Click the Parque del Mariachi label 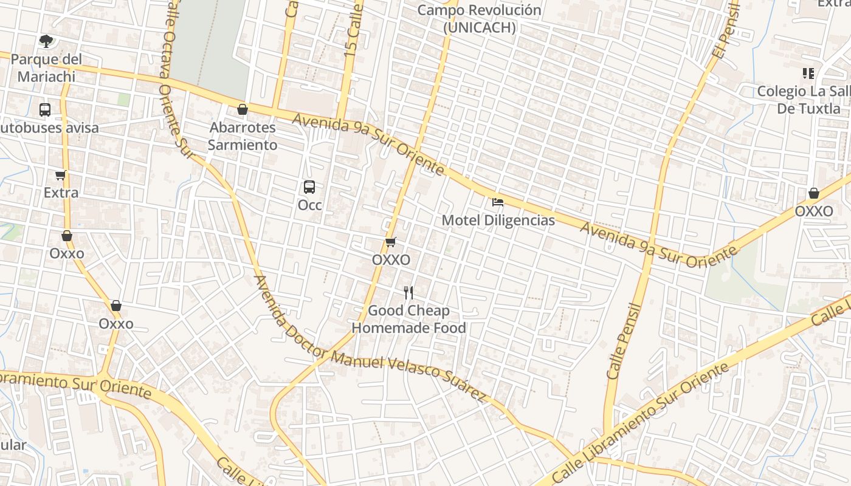click(46, 68)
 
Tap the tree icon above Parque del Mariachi click(46, 41)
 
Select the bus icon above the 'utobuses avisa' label click(45, 110)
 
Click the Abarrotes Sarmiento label click(243, 136)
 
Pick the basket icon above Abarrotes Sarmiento click(243, 109)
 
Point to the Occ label click(309, 205)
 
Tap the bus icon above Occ click(309, 187)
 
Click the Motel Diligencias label click(498, 220)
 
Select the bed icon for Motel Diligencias click(498, 202)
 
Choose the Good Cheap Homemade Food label click(409, 319)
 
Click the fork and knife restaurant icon click(409, 293)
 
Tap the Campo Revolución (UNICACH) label click(479, 19)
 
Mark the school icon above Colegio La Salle click(808, 74)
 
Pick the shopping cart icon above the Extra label click(60, 176)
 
